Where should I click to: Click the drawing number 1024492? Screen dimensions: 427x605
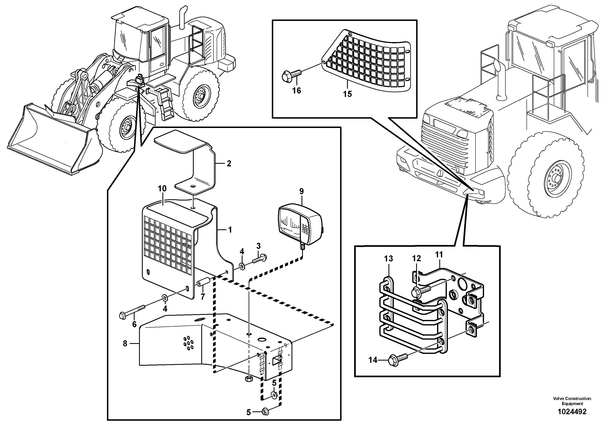click(572, 412)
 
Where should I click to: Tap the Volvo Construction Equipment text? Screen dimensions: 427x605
click(572, 401)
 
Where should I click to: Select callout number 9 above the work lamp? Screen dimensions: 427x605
click(301, 191)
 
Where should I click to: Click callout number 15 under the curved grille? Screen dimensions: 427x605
click(347, 94)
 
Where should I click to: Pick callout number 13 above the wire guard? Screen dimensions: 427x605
click(388, 259)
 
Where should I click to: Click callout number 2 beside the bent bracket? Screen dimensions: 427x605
click(229, 164)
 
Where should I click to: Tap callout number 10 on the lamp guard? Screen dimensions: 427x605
click(162, 189)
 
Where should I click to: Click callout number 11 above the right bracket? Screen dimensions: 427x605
click(439, 255)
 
